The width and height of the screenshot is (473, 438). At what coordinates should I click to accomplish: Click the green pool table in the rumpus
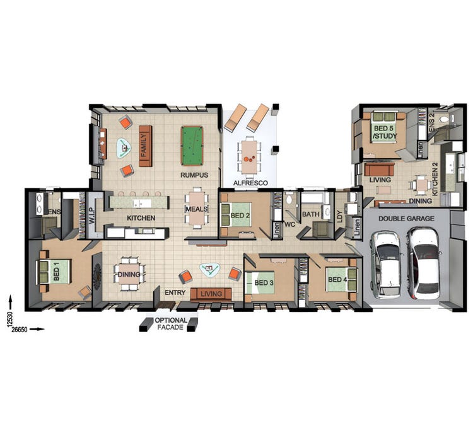click(x=192, y=146)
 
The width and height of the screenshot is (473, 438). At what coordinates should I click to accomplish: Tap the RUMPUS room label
click(x=194, y=175)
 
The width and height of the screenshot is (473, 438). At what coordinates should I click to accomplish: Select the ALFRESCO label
click(x=250, y=183)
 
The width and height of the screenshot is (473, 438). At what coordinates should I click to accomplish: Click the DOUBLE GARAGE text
click(x=406, y=219)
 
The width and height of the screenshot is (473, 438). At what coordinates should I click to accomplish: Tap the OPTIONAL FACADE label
click(x=171, y=324)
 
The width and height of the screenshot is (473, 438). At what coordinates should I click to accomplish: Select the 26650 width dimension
click(x=20, y=330)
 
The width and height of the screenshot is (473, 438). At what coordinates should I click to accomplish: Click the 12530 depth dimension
click(x=8, y=318)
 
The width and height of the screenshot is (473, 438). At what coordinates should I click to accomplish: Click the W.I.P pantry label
click(x=92, y=216)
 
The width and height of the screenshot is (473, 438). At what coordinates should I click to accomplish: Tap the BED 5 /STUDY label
click(x=385, y=132)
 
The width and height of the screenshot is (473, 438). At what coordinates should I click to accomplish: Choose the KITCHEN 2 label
click(x=435, y=181)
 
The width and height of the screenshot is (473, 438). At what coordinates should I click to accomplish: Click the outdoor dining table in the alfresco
click(x=249, y=157)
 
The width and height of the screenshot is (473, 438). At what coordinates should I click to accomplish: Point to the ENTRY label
click(x=175, y=292)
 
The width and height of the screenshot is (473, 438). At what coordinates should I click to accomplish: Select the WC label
click(x=289, y=224)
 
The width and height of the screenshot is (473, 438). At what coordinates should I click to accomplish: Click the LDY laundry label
click(x=340, y=216)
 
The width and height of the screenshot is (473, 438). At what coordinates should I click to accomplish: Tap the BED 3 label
click(x=264, y=283)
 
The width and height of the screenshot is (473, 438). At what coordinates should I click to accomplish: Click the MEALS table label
click(x=197, y=209)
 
